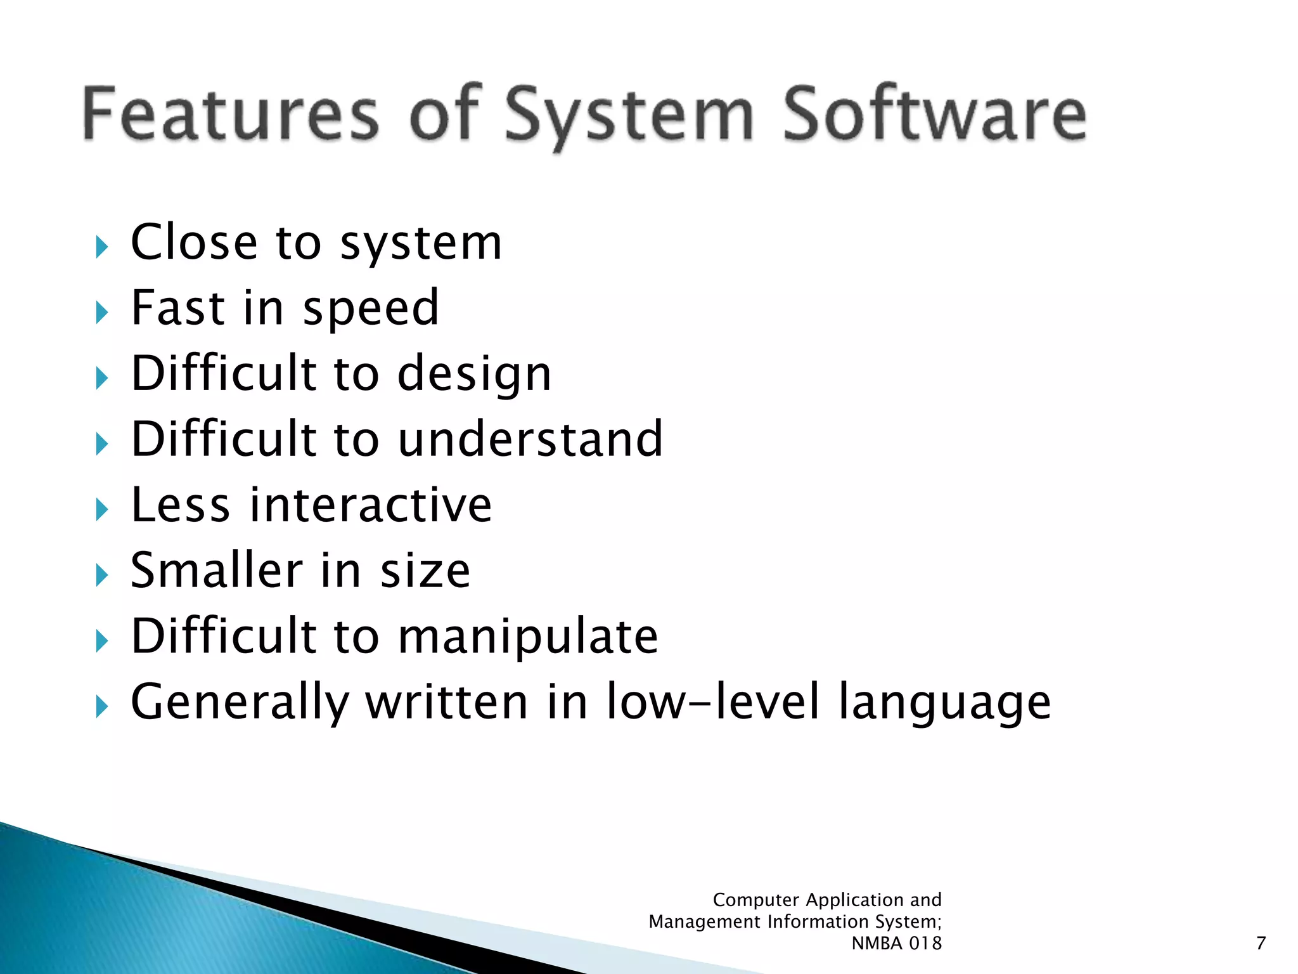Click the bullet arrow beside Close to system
[x=101, y=246]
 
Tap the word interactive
[x=371, y=505]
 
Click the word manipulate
[x=528, y=637]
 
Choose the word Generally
[x=240, y=703]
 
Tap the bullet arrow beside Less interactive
[x=101, y=509]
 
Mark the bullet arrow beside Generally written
[x=101, y=706]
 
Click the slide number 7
[x=1261, y=944]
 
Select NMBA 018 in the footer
[x=896, y=944]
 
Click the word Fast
[x=178, y=308]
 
